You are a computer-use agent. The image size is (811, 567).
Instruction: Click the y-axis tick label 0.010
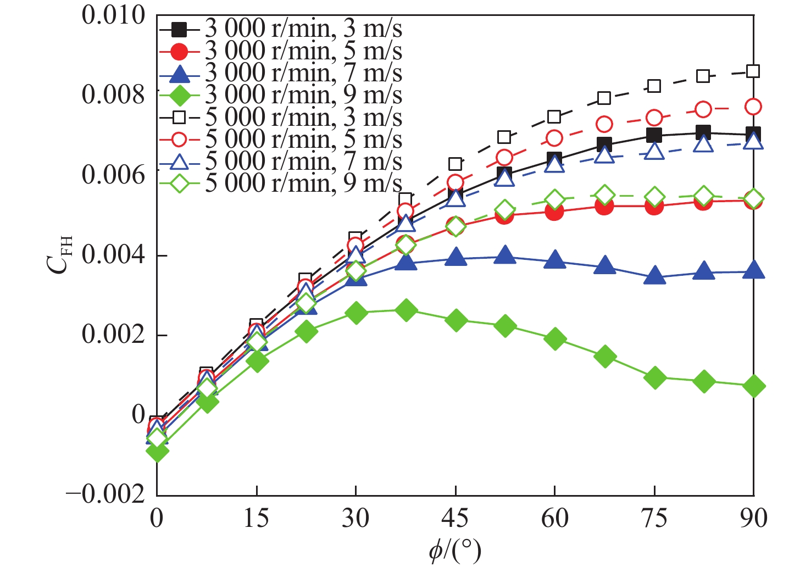[114, 15]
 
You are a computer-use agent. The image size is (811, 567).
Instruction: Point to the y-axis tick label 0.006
[114, 175]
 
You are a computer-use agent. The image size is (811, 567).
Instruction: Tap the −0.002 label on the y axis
[106, 495]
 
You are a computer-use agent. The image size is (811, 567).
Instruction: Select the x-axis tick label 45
[455, 518]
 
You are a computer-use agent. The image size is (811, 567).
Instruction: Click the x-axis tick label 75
[654, 518]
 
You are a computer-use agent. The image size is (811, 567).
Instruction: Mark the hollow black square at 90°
[753, 71]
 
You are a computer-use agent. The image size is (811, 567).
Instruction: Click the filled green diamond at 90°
[753, 386]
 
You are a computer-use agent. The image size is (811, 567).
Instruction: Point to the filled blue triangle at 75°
[654, 276]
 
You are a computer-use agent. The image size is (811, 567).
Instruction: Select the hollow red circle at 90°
[753, 107]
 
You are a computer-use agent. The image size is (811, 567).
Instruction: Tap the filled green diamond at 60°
[555, 339]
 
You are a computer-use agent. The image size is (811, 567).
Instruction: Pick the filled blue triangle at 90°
[753, 270]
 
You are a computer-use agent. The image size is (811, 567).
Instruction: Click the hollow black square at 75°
[654, 86]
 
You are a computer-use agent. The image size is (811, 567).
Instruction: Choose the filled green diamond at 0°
[157, 452]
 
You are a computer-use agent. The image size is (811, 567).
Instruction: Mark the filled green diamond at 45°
[456, 320]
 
